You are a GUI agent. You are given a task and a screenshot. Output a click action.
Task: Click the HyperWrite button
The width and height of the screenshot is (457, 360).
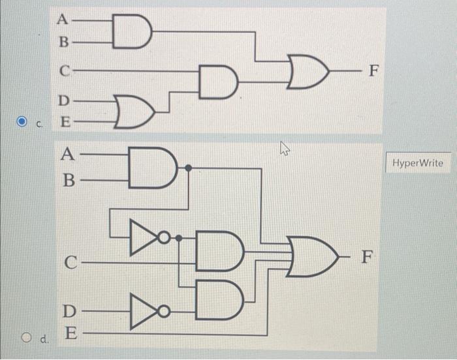(418, 163)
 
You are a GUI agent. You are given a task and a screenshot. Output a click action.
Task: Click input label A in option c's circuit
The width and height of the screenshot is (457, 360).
(63, 19)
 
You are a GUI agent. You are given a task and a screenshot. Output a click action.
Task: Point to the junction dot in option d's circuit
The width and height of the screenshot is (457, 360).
(189, 168)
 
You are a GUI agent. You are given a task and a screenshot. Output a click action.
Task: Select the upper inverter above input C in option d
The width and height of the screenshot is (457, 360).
(146, 233)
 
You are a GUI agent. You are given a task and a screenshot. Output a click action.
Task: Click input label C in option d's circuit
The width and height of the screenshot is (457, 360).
(72, 263)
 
